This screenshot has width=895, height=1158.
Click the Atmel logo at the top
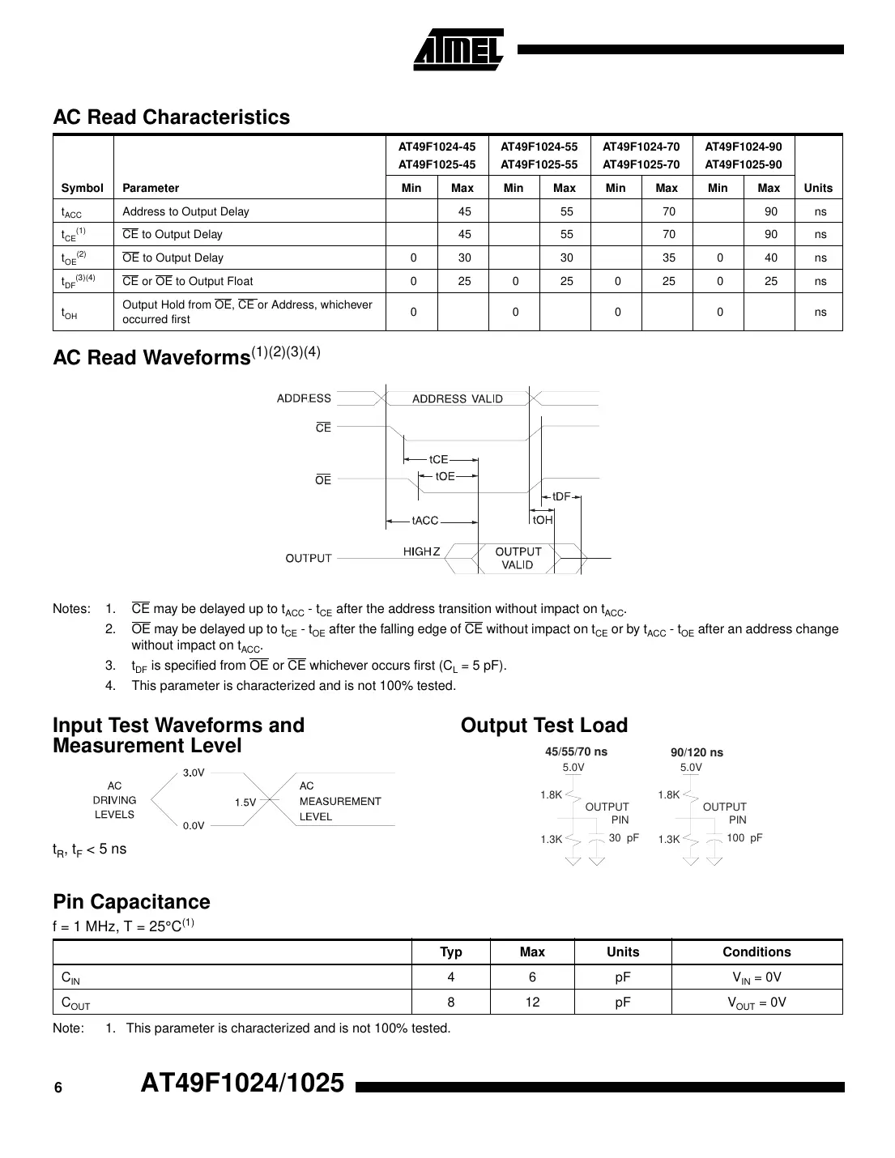[458, 50]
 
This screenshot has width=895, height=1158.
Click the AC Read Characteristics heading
[171, 117]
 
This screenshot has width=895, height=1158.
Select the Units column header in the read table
[817, 188]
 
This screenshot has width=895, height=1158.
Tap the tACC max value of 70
[668, 211]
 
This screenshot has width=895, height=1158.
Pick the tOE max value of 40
[770, 258]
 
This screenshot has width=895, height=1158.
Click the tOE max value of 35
[668, 258]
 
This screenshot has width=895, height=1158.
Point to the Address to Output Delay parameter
[185, 211]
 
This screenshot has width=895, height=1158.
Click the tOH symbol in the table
[70, 313]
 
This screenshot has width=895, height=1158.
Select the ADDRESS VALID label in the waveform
[457, 398]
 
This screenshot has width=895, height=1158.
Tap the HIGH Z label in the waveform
[422, 551]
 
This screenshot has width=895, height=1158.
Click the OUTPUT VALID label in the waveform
[518, 558]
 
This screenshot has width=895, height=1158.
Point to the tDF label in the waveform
[561, 496]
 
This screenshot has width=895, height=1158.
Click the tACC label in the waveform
[424, 521]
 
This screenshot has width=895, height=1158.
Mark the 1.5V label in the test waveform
[245, 803]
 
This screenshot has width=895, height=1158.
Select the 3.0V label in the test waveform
[194, 773]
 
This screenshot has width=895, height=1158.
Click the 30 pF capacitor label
[623, 838]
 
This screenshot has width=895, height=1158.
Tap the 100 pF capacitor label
[744, 838]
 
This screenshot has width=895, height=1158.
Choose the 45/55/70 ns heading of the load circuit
[576, 751]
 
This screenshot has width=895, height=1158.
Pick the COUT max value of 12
[532, 1002]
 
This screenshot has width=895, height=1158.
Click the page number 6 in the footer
[58, 1088]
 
